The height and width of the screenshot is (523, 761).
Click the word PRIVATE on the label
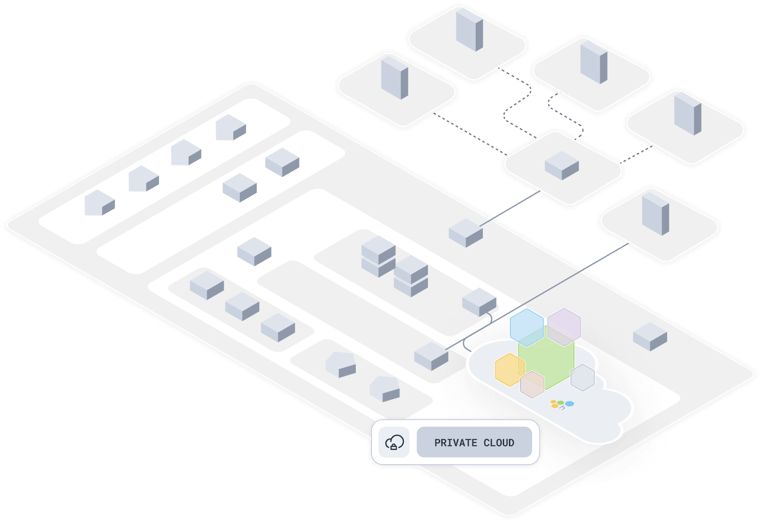coord(455,443)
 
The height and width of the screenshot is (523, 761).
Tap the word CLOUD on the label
coord(498,443)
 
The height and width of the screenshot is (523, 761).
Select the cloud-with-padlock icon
coord(394,443)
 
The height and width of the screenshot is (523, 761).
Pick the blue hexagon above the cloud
coord(526,327)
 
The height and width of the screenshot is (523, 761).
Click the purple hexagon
coord(564,326)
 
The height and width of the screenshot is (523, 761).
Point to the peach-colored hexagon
coord(532,385)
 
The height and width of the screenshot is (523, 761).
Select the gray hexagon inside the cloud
coord(582,377)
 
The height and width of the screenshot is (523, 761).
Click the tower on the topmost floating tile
coord(469,29)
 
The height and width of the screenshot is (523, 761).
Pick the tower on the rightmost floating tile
coord(687,114)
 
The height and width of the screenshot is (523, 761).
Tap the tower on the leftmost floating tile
coord(394,77)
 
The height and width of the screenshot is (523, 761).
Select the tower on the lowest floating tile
coord(655,213)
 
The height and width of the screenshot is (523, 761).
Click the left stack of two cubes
coord(378,257)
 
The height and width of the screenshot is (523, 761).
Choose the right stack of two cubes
coord(411,276)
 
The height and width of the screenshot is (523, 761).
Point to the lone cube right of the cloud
coord(650,336)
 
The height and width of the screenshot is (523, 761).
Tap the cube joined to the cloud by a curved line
coord(479,302)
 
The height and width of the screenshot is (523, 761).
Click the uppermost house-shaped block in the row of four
coord(230,127)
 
